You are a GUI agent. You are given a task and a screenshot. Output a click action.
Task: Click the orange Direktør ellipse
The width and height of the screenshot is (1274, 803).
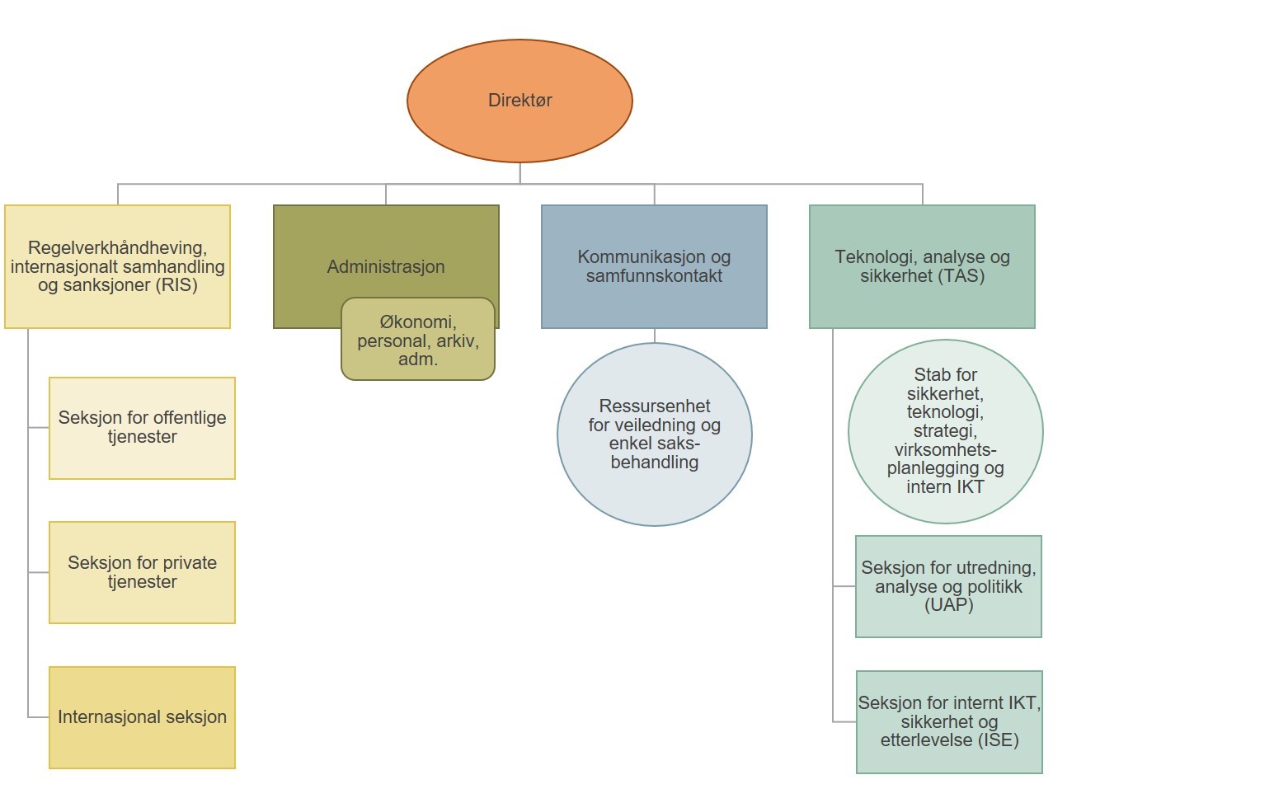coord(519,101)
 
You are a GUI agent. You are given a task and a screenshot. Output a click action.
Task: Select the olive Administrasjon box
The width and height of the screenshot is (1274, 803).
coord(386,247)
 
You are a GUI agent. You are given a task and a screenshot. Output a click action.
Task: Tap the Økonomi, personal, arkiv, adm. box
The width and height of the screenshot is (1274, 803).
coord(418,340)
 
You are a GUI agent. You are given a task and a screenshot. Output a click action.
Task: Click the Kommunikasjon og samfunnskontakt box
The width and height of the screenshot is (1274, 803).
coord(654,266)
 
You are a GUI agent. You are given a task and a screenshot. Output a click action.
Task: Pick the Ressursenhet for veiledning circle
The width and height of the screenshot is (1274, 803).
coord(654,434)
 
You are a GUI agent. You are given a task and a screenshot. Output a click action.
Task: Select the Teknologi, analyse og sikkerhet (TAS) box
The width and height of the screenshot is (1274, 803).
coord(922,266)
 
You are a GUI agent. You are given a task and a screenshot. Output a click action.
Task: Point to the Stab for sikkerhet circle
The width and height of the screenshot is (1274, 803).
coord(945,431)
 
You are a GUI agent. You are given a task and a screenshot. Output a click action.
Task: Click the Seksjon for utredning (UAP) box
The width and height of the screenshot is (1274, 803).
coord(948,586)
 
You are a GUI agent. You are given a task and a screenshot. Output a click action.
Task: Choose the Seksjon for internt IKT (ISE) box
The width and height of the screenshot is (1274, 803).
coord(949,721)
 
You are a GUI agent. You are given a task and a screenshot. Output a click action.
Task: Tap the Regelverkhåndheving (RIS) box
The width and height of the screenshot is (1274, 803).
coord(117,266)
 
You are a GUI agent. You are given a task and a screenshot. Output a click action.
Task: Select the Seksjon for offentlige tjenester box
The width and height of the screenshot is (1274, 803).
coord(142,428)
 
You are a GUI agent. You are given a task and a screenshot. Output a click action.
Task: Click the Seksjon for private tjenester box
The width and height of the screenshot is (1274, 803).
coord(142,572)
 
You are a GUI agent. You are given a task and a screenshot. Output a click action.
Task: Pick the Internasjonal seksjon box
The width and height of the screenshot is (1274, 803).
coord(142,717)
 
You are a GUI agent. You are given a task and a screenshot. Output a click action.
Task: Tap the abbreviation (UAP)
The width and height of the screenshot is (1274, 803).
coord(948,605)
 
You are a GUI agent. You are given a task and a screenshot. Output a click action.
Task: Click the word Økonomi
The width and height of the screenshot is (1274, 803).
coord(417,322)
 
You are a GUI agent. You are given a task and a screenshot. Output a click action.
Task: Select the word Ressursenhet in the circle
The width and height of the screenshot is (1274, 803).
coord(655,406)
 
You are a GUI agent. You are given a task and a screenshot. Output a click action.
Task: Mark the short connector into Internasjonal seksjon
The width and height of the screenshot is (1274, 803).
coord(39,717)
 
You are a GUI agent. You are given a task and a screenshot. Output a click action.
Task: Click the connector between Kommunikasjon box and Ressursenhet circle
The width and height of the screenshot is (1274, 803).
coord(655,336)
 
